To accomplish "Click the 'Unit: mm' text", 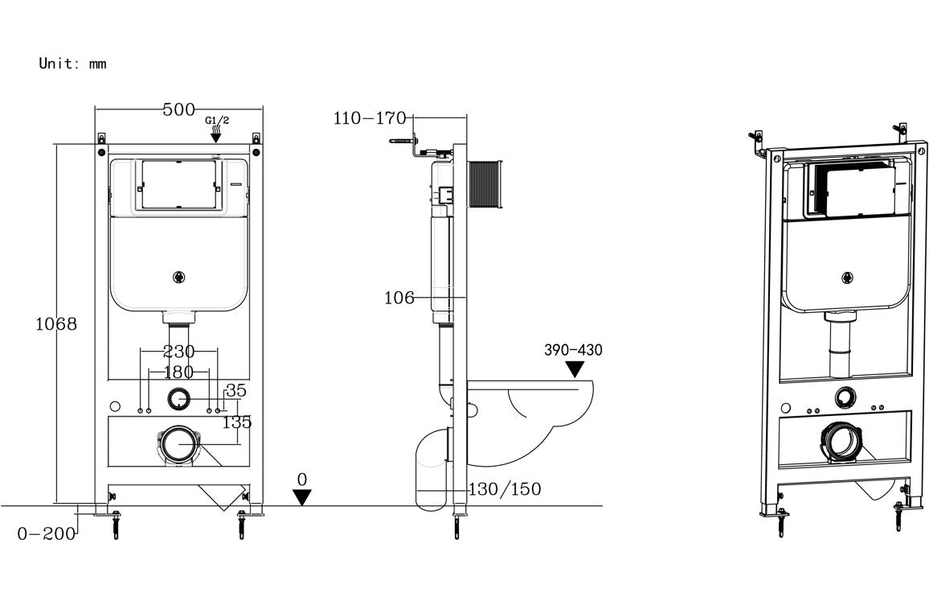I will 72,64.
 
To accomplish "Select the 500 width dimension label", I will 178,110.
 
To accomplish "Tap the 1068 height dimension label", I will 56,324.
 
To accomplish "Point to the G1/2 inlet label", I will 217,121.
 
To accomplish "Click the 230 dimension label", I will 178,352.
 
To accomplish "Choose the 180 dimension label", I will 178,372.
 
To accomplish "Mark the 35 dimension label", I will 235,391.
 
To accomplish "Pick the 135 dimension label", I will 237,421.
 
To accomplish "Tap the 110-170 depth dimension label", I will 370,119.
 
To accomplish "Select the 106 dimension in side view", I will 399,298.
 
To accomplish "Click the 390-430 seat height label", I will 573,350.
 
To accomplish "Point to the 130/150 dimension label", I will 505,489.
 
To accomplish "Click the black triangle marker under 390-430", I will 575,369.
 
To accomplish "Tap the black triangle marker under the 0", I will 302,497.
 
